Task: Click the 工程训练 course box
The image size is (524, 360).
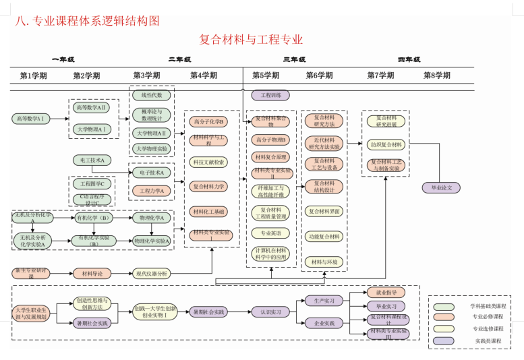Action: (x=270, y=96)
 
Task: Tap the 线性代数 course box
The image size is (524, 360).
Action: (x=152, y=95)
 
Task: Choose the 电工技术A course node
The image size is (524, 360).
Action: (x=92, y=160)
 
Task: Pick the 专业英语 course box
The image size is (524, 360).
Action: (x=270, y=233)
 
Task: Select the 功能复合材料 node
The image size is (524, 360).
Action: (x=324, y=237)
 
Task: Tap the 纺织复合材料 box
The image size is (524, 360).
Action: (x=386, y=144)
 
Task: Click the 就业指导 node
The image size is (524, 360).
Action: (x=386, y=293)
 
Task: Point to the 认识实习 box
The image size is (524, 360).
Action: (x=270, y=312)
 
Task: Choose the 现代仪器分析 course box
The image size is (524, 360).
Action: (x=152, y=274)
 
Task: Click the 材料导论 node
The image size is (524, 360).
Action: (x=92, y=274)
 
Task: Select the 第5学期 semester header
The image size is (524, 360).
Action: (x=266, y=76)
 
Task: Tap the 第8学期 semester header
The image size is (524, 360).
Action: (x=437, y=76)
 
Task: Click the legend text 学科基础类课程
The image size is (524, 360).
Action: (x=488, y=305)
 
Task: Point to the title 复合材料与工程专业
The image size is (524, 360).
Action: (x=251, y=40)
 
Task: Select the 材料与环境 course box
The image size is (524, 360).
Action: (x=324, y=262)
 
